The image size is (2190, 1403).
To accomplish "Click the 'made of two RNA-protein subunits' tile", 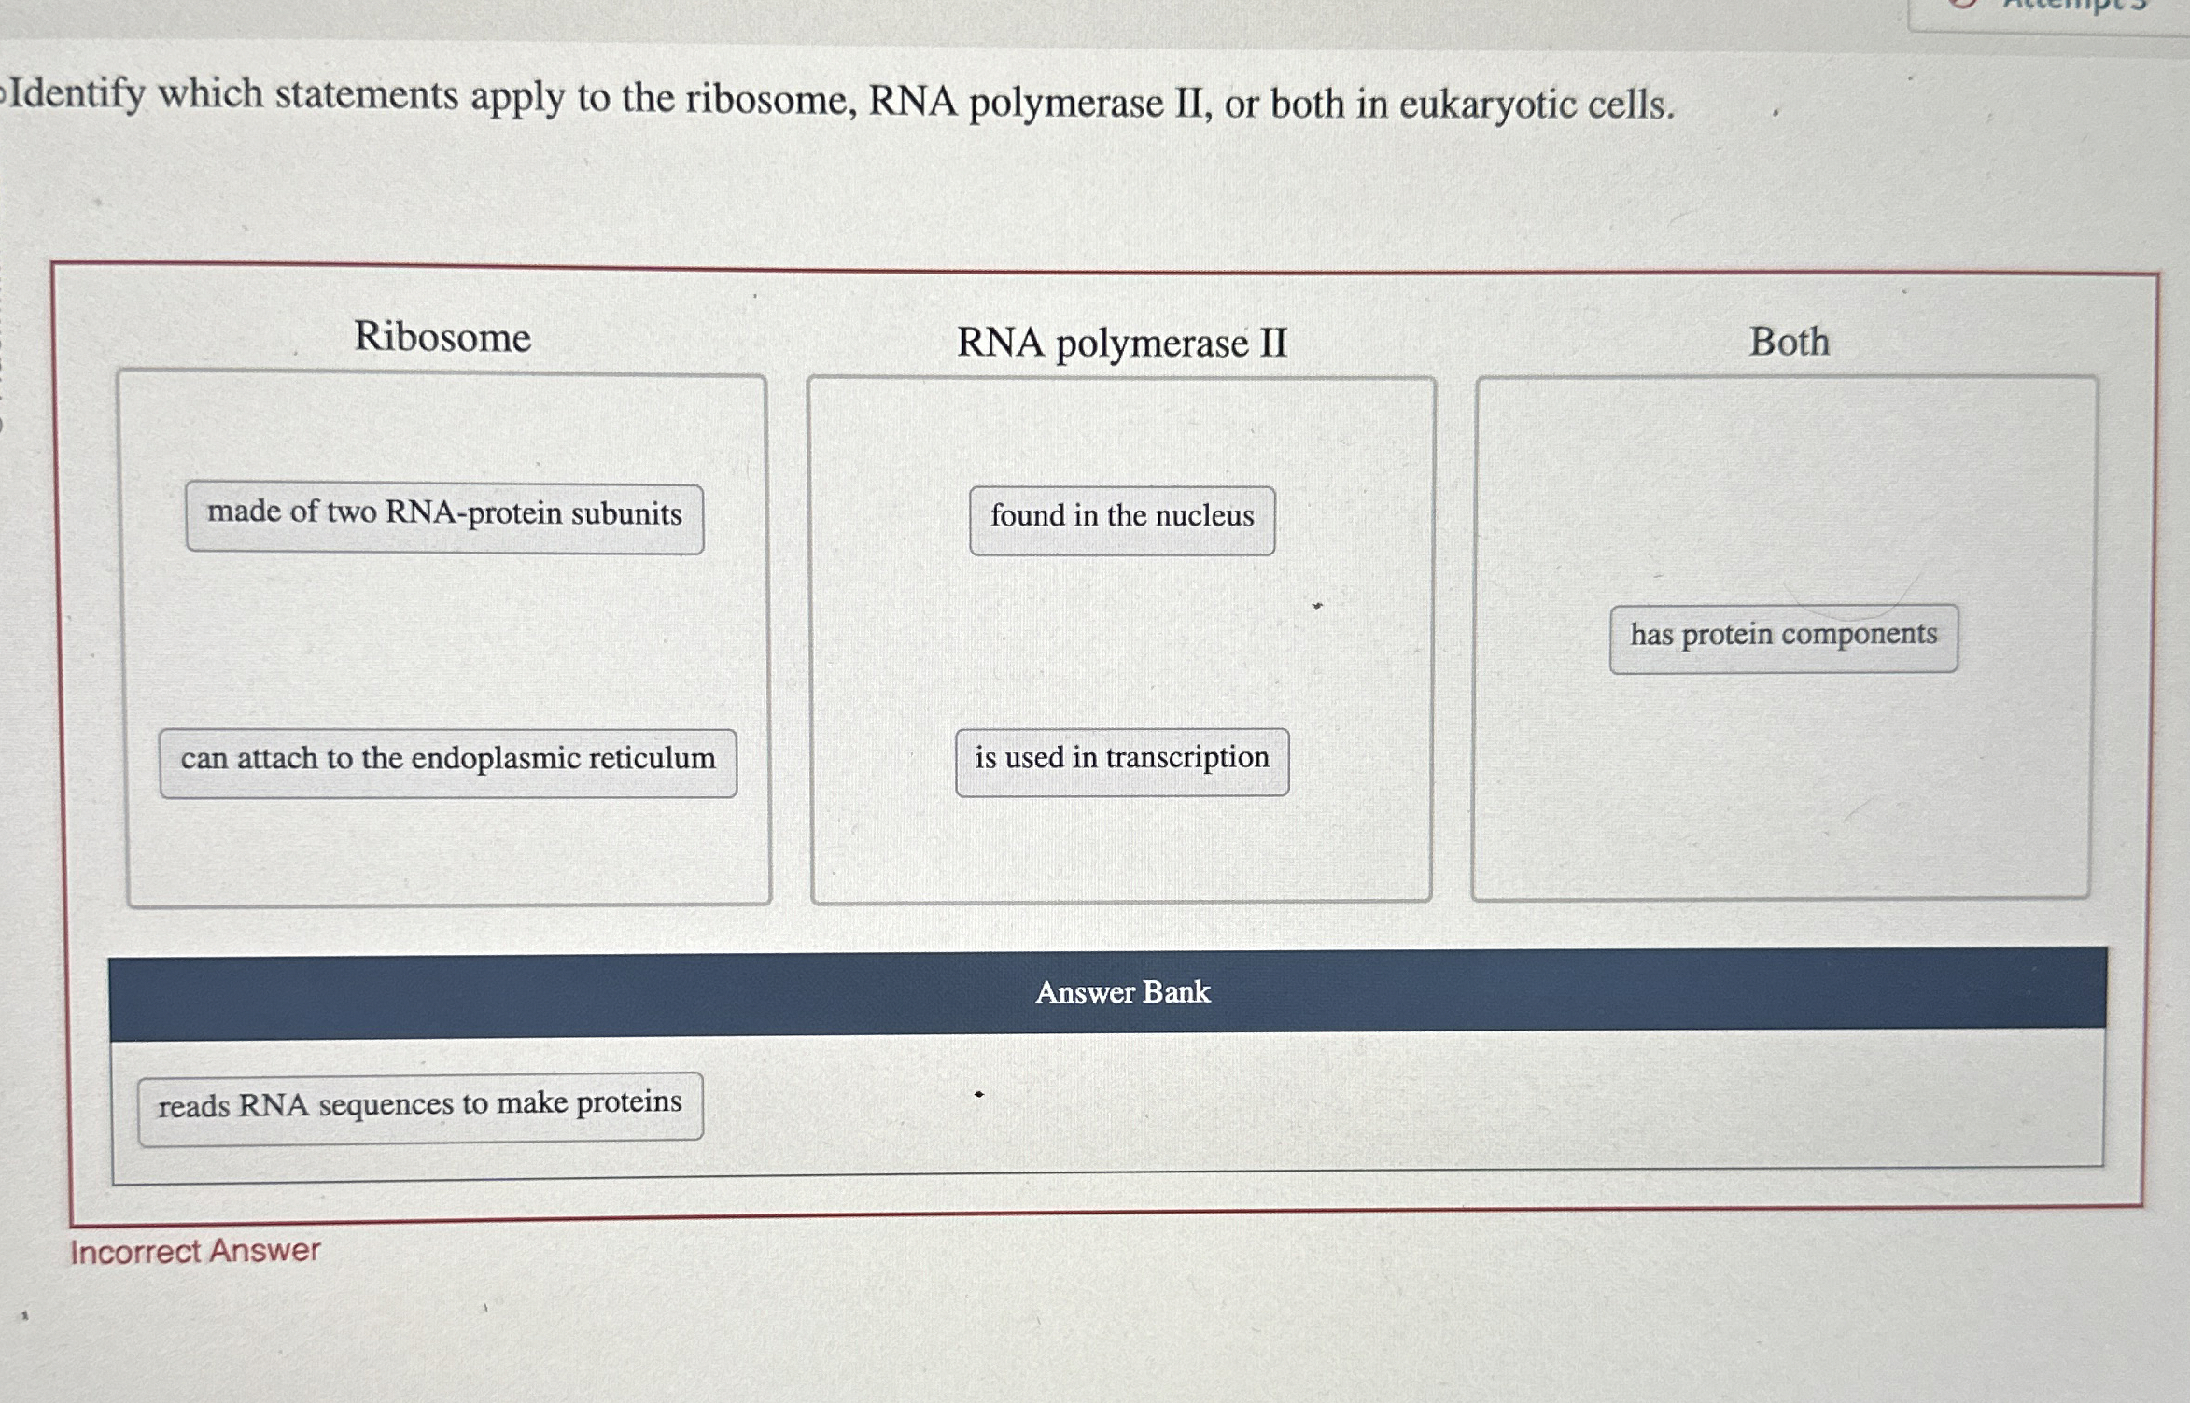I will tap(444, 518).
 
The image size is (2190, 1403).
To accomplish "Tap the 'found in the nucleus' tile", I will tap(1122, 520).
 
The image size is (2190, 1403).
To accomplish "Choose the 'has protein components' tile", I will tap(1783, 638).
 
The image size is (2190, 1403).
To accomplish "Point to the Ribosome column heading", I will tap(442, 337).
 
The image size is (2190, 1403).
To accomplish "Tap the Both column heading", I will tap(1789, 342).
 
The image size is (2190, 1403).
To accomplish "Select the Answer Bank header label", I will tap(1122, 992).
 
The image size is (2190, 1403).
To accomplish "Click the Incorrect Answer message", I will tap(195, 1251).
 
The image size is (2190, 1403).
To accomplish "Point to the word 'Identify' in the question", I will tap(78, 95).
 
